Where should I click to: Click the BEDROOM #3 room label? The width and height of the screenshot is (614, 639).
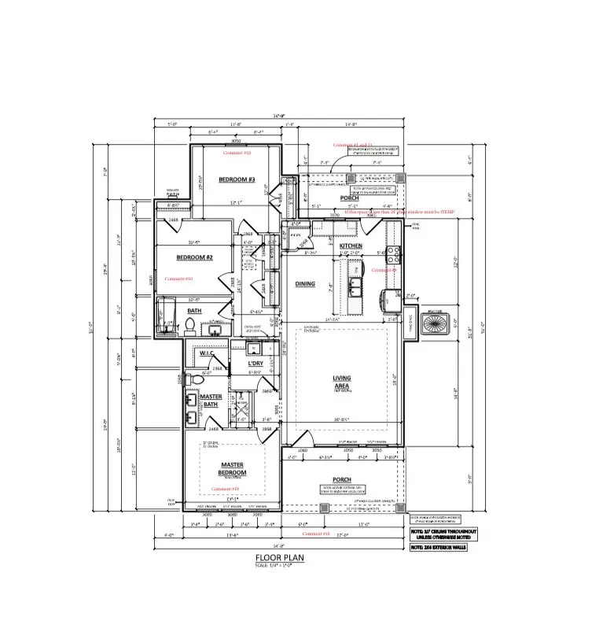click(x=237, y=180)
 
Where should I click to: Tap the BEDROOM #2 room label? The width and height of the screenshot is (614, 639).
click(x=195, y=257)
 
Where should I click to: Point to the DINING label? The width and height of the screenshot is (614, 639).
click(x=305, y=284)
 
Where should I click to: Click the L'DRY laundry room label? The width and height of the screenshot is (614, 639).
click(x=255, y=363)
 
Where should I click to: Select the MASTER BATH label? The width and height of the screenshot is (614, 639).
click(x=210, y=401)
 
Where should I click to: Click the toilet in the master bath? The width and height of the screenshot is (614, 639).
click(x=198, y=379)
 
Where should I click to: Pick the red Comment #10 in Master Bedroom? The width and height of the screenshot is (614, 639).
click(x=226, y=488)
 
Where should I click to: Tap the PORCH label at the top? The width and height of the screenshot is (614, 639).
click(x=349, y=198)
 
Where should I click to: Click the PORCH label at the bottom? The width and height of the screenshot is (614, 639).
click(x=342, y=479)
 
